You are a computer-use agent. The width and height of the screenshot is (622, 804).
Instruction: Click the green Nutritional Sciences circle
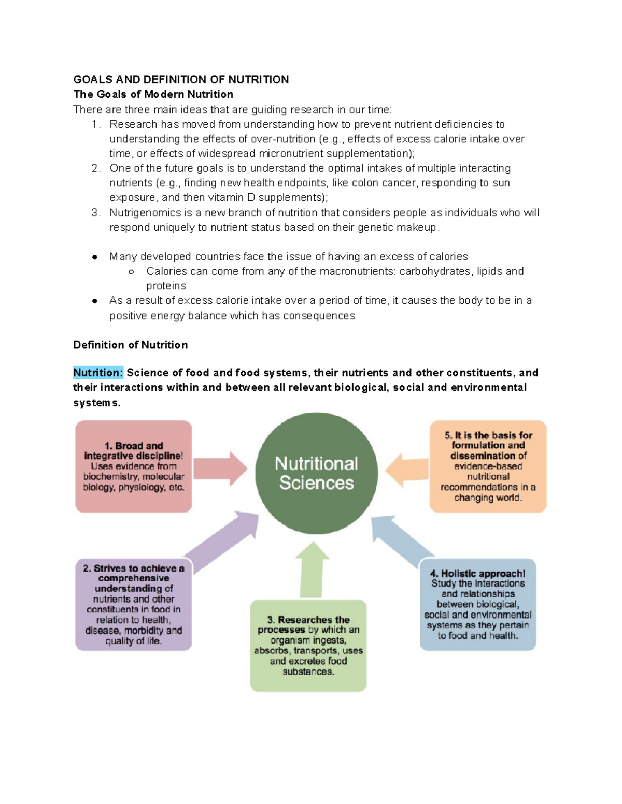316,473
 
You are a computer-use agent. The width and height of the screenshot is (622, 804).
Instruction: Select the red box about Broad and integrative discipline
134,466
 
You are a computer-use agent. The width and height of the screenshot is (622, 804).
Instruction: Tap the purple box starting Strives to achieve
134,604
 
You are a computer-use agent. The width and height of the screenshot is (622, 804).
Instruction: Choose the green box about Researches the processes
308,646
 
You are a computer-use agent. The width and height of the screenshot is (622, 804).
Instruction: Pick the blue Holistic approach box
477,604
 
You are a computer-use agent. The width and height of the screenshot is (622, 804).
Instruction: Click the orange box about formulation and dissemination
488,466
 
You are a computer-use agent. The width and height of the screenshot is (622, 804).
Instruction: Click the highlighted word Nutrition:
98,373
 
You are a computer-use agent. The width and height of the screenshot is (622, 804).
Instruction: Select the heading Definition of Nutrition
131,345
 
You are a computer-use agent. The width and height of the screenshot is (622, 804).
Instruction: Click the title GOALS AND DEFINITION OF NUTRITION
181,80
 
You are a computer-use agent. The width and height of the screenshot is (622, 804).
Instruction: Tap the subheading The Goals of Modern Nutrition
153,94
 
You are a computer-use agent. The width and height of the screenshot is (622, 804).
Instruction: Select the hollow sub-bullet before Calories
131,272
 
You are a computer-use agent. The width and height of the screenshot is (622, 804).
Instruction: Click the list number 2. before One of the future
96,168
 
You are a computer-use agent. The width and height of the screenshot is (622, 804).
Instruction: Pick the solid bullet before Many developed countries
95,257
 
